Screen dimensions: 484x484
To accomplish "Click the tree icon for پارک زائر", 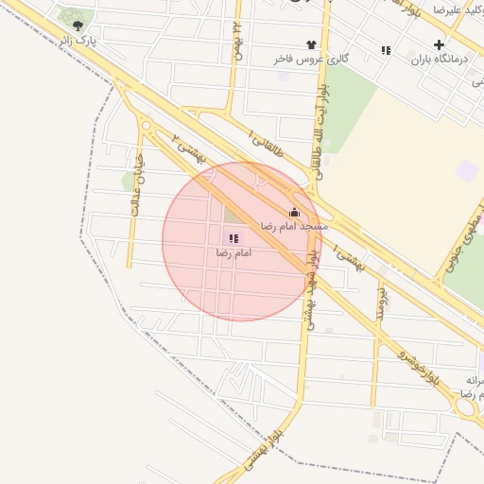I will (78, 26).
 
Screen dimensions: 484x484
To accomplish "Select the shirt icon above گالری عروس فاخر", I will (311, 44).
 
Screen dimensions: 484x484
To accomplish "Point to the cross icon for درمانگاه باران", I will (439, 44).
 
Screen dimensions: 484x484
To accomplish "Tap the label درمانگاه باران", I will (433, 60).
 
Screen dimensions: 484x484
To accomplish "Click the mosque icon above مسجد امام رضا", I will (294, 213).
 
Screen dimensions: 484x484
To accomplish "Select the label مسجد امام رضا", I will (294, 227).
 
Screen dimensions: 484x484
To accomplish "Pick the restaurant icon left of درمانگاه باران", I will (386, 50).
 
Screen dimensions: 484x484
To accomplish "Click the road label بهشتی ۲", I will (188, 150).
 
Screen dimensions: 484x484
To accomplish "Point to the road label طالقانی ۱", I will (265, 136).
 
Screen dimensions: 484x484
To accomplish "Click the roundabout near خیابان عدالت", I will (146, 126).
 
